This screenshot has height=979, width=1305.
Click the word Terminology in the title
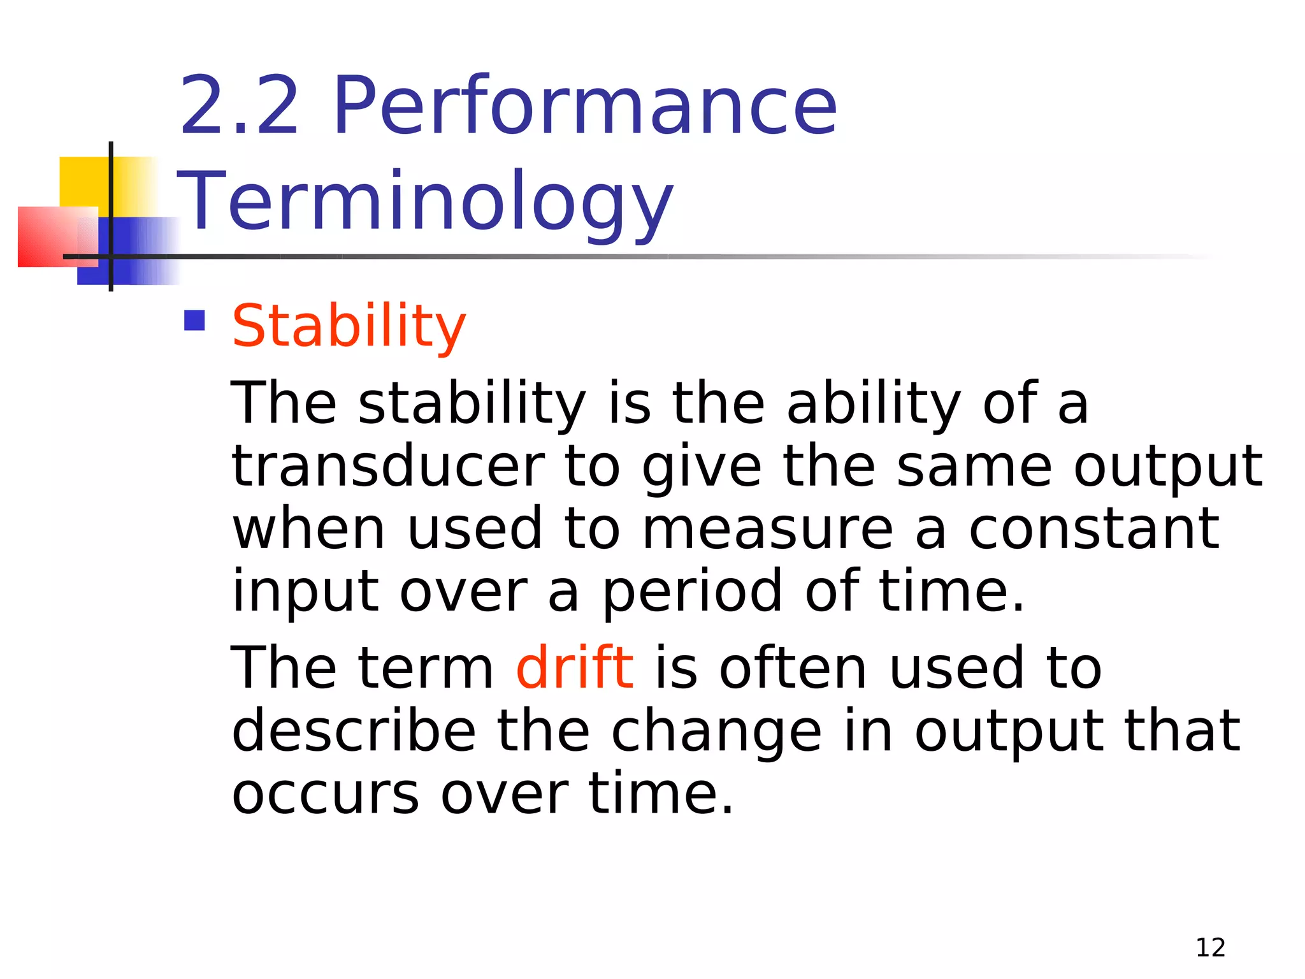pos(425,201)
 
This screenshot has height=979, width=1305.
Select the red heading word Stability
pos(349,326)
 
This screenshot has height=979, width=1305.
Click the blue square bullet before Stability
pos(194,320)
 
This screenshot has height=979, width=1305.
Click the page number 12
pos(1210,948)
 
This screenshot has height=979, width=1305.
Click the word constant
pos(1093,529)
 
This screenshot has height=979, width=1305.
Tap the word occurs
pos(326,795)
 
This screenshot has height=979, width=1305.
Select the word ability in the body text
pos(873,404)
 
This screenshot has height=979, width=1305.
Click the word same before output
pos(974,467)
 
